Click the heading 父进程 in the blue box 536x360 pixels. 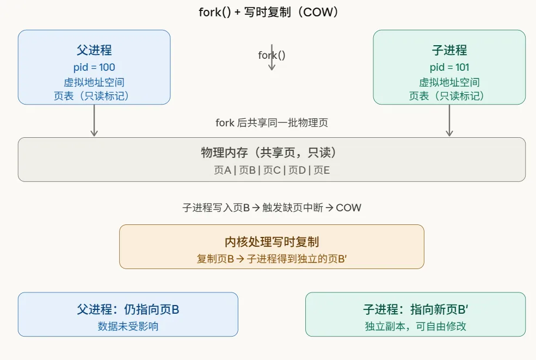click(94, 51)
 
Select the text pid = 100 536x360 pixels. click(94, 68)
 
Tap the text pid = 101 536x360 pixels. click(449, 68)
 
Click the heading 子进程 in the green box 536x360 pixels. click(449, 51)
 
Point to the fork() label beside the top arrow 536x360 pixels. click(272, 55)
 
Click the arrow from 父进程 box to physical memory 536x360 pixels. click(94, 120)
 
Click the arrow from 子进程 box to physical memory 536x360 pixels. click(449, 120)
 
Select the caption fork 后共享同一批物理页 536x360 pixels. click(272, 123)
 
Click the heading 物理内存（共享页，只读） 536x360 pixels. click(272, 153)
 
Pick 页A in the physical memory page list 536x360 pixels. click(223, 170)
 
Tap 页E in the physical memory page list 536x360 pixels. click(322, 170)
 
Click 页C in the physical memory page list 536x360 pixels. click(272, 170)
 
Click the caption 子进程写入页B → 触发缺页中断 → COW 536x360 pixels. click(272, 208)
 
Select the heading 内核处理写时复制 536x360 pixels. click(272, 242)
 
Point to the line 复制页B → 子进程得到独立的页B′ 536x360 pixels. click(272, 259)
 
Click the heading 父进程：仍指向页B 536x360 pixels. click(128, 310)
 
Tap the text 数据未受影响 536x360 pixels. click(128, 326)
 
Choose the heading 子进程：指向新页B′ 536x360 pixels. click(415, 310)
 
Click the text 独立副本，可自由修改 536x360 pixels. click(415, 326)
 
